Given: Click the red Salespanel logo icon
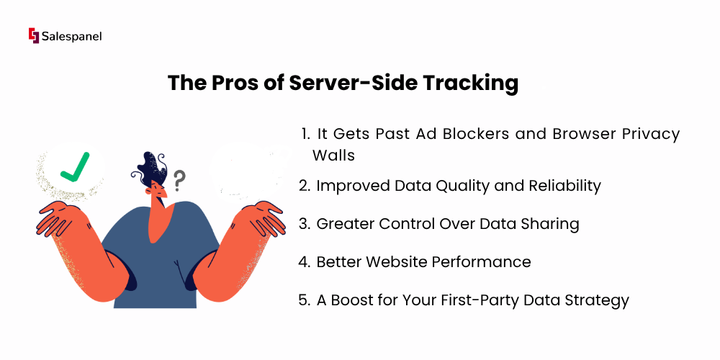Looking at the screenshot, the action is (34, 36).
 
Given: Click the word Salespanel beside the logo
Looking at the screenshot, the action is (71, 36).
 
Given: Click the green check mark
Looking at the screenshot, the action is (75, 167).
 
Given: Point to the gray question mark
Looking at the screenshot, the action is (179, 181).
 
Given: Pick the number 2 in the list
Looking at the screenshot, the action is (303, 186).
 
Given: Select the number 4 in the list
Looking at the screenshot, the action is (303, 262).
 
